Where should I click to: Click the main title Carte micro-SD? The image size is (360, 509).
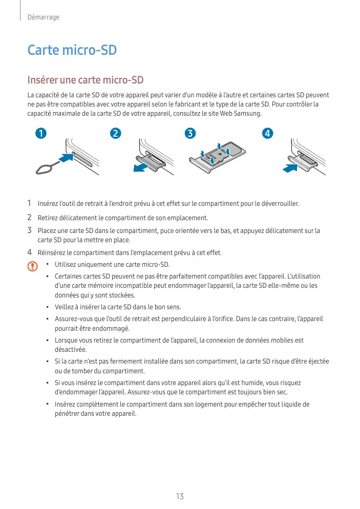tap(72, 51)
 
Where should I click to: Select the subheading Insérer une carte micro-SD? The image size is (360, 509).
tap(86, 80)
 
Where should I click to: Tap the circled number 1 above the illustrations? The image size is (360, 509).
tap(39, 134)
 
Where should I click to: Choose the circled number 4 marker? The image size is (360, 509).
tap(266, 134)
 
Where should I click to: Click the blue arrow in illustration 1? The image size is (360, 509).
tap(63, 158)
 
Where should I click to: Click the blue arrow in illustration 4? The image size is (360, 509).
tap(290, 167)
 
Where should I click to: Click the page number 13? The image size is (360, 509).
tap(180, 496)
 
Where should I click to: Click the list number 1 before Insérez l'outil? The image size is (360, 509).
tap(30, 204)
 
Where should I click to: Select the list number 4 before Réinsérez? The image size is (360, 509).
tap(30, 252)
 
